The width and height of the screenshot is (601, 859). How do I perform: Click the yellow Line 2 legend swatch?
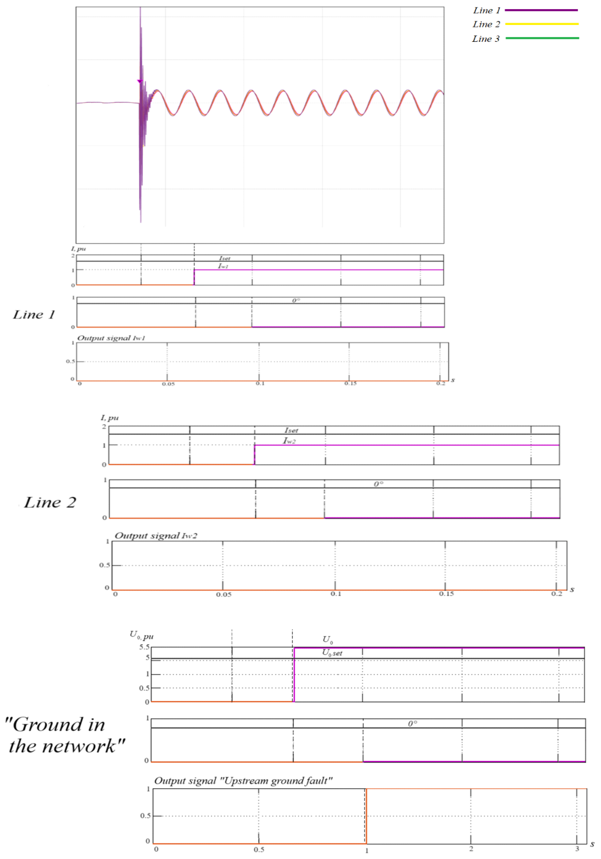(542, 24)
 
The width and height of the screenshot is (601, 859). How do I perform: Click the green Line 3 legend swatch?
(542, 38)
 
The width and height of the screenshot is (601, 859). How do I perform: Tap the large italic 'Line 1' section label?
(34, 315)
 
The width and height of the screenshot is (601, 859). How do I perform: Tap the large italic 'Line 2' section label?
(50, 502)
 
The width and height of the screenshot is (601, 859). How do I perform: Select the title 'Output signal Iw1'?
(111, 338)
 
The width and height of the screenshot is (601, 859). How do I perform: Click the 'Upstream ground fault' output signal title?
(243, 781)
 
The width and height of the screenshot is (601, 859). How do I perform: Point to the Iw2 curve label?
(289, 441)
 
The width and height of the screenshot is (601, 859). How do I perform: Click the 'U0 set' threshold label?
(332, 653)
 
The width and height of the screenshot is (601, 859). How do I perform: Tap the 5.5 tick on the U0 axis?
(144, 647)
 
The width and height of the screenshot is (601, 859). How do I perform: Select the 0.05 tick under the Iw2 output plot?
(224, 595)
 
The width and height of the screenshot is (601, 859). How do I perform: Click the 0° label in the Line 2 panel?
(378, 484)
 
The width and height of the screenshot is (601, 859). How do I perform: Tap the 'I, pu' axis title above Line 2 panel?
(110, 417)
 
